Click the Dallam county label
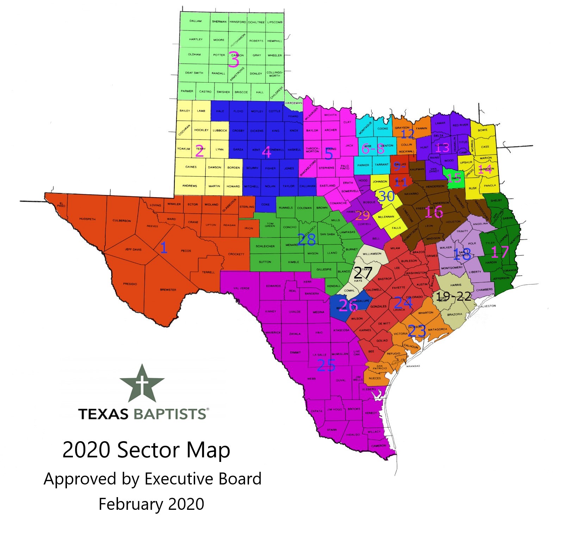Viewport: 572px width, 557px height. click(195, 21)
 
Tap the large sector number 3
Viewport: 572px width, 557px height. click(234, 60)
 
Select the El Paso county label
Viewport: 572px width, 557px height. click(61, 205)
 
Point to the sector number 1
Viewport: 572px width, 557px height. click(163, 248)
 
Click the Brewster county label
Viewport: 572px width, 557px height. click(168, 290)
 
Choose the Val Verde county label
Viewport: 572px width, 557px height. click(241, 288)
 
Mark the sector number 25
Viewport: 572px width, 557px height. click(326, 365)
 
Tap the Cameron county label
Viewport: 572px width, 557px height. click(379, 446)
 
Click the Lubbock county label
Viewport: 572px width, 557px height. click(220, 131)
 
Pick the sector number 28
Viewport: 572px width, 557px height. click(306, 240)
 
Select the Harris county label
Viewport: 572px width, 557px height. click(455, 285)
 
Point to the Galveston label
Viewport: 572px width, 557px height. click(487, 306)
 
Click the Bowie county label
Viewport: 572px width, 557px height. click(483, 130)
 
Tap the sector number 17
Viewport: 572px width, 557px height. click(500, 252)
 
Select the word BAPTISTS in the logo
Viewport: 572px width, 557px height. click(170, 414)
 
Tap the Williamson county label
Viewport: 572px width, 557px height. click(372, 254)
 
